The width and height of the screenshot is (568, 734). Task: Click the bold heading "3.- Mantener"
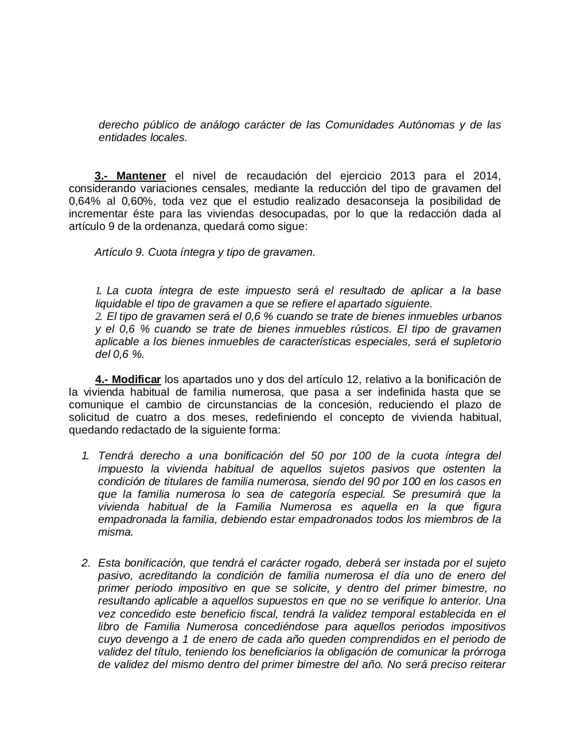click(130, 176)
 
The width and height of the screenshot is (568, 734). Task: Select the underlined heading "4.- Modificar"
click(128, 380)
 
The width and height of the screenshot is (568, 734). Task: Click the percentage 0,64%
click(84, 201)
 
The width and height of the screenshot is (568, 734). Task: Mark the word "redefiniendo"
click(286, 417)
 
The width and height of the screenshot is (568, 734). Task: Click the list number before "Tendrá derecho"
click(85, 456)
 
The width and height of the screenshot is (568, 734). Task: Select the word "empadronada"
click(130, 520)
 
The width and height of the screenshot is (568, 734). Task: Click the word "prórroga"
click(484, 652)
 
